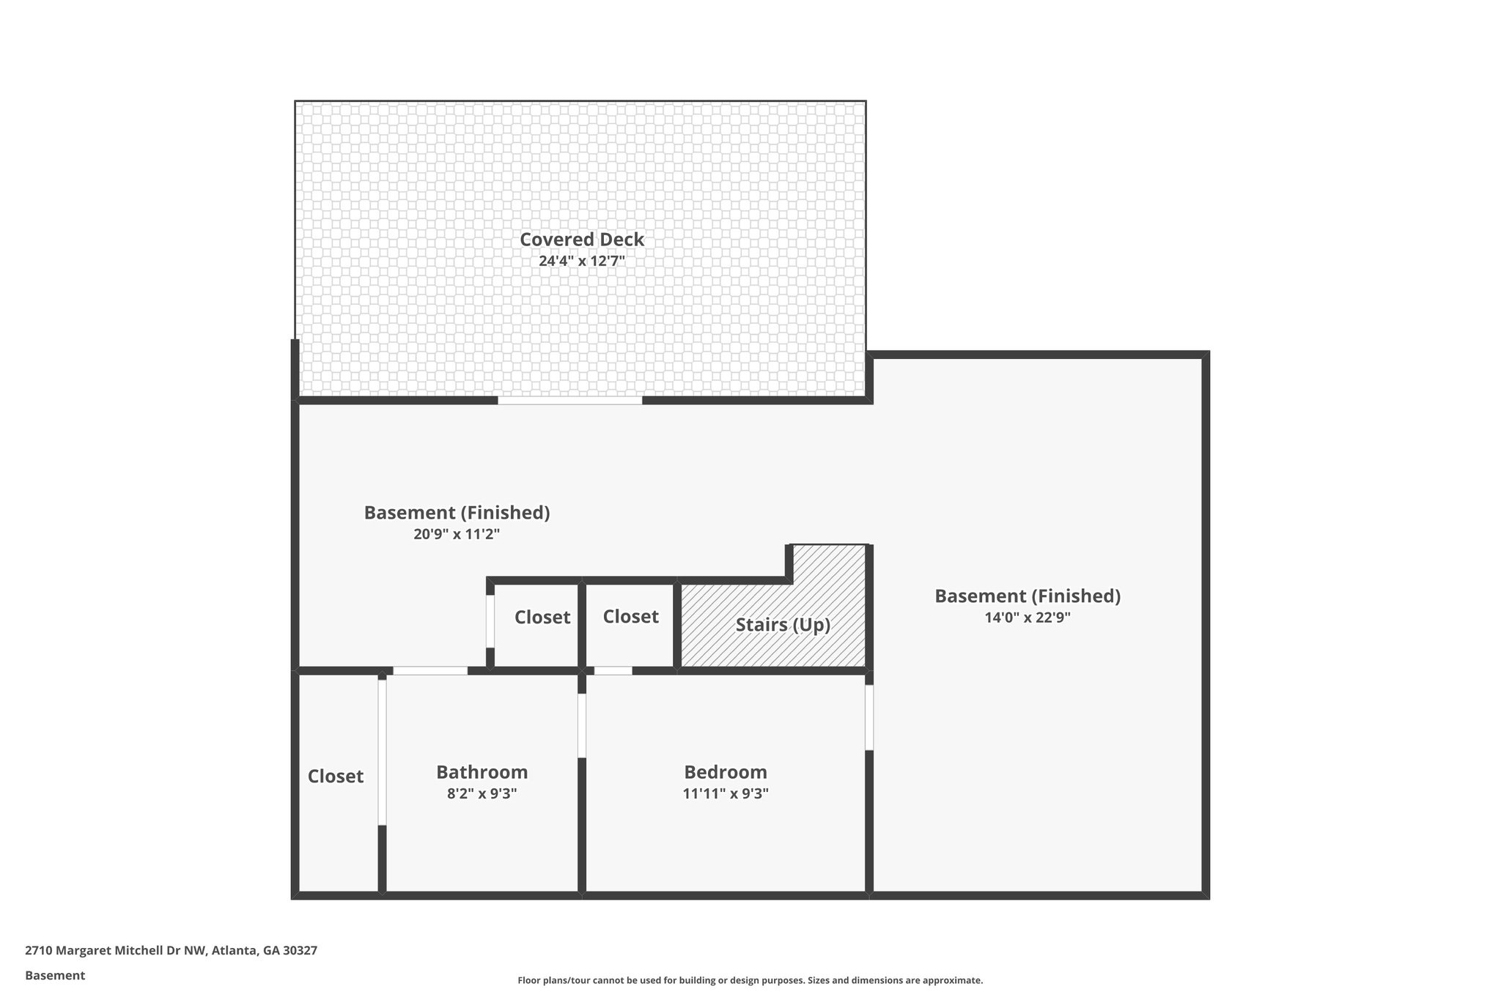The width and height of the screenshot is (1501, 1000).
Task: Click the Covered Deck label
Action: coord(582,240)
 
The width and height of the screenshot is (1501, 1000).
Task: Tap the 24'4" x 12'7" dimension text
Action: coord(582,261)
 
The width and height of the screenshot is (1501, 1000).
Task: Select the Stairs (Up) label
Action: coord(783,625)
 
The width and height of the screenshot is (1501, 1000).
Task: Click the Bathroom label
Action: coord(482,772)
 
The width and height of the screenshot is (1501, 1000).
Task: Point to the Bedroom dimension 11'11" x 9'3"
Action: coord(725,793)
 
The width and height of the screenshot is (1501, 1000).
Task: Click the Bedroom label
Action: coord(725,772)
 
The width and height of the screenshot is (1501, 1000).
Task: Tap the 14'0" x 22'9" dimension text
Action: coord(1027,618)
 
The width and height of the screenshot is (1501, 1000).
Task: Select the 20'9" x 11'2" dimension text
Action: coord(457,534)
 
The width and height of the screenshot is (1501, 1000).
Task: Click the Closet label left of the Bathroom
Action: coord(335,777)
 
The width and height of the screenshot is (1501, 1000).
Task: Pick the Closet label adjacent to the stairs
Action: coord(630,617)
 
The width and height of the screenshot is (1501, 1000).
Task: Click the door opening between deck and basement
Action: coord(570,401)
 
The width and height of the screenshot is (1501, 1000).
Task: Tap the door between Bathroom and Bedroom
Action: coord(582,725)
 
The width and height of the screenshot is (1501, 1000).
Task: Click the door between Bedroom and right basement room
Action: coord(869,717)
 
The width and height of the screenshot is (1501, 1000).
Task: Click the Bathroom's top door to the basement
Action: coord(430,670)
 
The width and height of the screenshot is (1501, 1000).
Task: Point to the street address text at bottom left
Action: coord(171,951)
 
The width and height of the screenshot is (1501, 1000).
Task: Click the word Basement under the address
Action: coord(55,976)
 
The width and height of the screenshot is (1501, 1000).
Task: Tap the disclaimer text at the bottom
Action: coord(750,980)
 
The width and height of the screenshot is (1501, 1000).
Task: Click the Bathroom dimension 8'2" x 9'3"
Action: coord(482,793)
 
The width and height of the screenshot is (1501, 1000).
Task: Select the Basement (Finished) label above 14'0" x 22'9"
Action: coord(1027,596)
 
